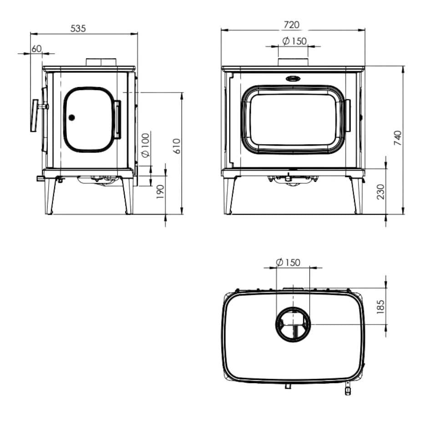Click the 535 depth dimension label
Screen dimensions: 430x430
click(x=78, y=28)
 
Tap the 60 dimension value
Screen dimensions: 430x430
click(x=36, y=48)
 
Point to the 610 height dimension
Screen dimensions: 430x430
click(x=177, y=146)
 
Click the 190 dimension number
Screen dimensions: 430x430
click(x=160, y=192)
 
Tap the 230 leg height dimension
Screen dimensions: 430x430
click(x=381, y=191)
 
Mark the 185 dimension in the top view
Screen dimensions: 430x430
click(x=381, y=306)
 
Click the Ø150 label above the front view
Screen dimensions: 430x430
click(x=294, y=41)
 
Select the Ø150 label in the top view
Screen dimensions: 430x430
click(x=288, y=263)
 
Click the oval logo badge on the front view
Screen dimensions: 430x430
click(x=293, y=78)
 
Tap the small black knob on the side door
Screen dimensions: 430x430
click(x=71, y=117)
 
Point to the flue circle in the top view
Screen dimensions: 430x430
click(x=293, y=324)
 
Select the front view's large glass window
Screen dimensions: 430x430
click(x=293, y=119)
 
